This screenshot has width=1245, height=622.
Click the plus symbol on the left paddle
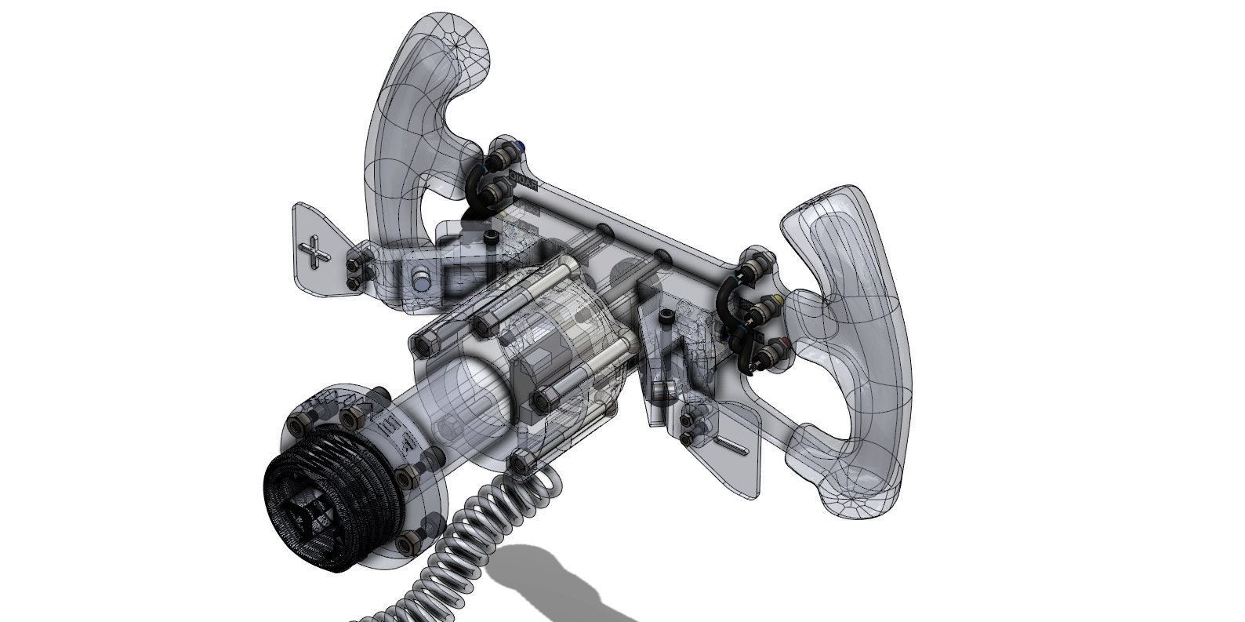click(316, 253)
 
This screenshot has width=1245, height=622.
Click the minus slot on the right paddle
click(739, 446)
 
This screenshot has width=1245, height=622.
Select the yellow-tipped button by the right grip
click(776, 300)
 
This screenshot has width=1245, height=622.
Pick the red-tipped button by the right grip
click(786, 342)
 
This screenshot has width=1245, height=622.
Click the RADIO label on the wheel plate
click(521, 177)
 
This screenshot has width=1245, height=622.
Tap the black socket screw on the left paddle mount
click(492, 236)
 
